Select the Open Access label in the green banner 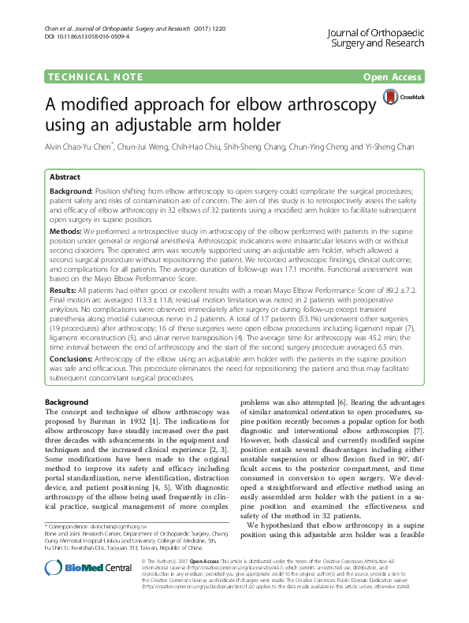pos(392,77)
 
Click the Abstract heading pos(65,177)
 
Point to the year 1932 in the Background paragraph pos(167,421)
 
